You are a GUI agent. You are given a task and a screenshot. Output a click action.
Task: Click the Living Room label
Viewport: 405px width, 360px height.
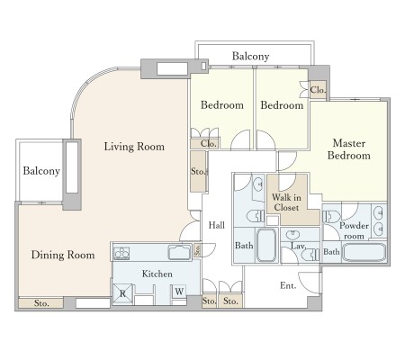point(134,147)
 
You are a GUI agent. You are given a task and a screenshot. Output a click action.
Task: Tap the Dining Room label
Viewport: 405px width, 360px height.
point(63,255)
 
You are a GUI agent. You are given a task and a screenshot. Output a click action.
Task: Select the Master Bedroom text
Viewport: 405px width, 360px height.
point(349,149)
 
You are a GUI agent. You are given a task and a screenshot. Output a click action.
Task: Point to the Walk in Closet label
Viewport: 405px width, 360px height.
point(286,202)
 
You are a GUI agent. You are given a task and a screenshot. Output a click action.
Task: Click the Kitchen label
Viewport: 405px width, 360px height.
point(157,274)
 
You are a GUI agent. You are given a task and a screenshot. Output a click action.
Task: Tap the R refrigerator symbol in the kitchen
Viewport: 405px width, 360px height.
point(122,293)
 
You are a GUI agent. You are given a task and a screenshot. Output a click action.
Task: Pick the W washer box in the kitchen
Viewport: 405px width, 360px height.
point(179,292)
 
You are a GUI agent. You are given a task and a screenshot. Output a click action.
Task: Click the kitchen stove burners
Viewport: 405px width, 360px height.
point(121,254)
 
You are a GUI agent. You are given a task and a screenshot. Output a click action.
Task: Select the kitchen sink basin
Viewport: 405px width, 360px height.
point(179,252)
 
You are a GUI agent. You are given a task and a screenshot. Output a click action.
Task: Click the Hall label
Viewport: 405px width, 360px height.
point(217,225)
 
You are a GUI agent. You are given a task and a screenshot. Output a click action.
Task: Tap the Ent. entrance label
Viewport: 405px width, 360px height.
point(288,285)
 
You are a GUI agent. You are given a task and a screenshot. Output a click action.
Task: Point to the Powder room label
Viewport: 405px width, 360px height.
point(354,231)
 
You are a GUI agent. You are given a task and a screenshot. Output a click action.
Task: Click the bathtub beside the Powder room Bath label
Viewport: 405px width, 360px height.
point(364,252)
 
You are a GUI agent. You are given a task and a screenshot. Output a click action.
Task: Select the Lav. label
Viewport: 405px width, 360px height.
point(299,247)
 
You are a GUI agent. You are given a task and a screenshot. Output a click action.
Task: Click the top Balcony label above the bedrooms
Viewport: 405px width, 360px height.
point(250,56)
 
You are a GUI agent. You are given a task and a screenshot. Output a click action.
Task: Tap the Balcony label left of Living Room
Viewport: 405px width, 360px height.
point(41,171)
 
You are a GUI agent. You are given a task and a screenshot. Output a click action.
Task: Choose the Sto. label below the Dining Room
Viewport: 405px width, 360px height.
point(41,303)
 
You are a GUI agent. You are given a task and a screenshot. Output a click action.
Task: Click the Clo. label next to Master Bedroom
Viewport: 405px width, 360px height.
point(318,90)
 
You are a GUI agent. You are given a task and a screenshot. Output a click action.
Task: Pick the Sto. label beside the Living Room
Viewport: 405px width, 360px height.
point(198,172)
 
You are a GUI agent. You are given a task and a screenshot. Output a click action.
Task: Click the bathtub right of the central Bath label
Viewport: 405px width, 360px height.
point(266,246)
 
